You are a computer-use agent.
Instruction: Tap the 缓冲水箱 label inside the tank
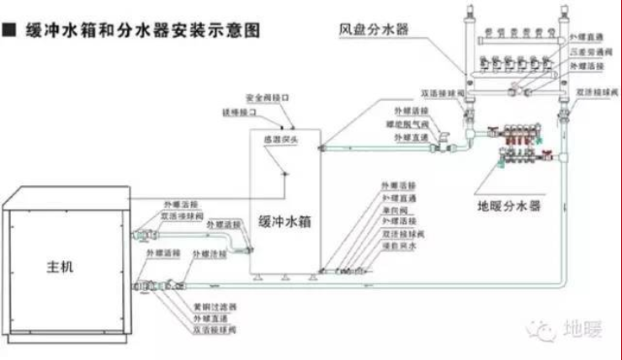[x=282, y=219]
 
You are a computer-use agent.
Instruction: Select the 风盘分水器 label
[x=374, y=30]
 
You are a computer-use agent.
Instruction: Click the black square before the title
[x=8, y=31]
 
